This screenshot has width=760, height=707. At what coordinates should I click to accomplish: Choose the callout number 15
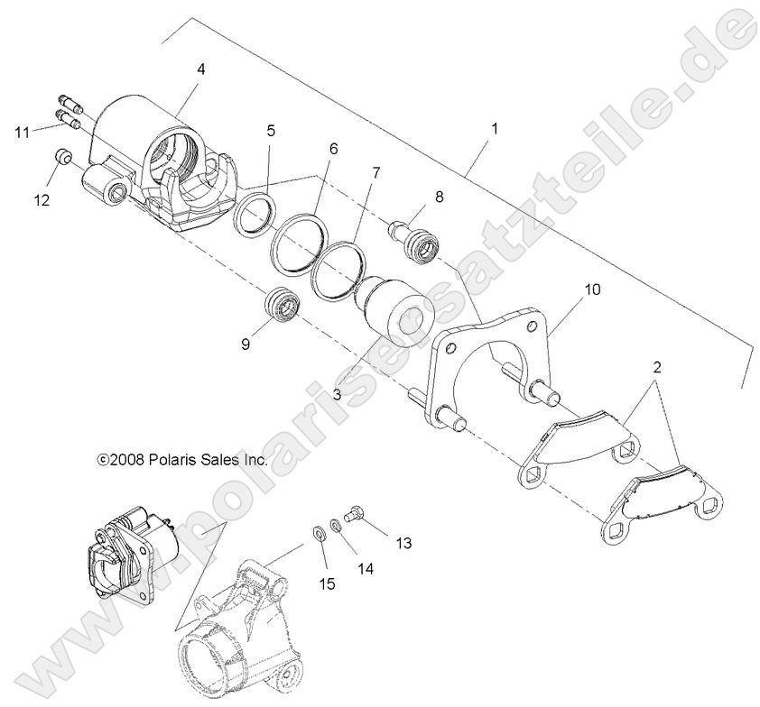[x=327, y=583]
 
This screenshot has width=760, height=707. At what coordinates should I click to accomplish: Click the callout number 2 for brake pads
[x=656, y=368]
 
